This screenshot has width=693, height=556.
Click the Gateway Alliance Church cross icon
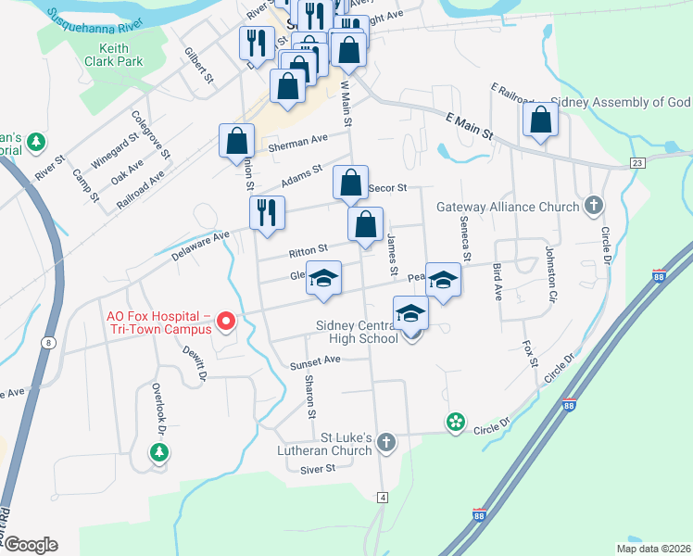point(594,207)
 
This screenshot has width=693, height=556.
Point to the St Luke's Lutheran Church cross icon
point(386,444)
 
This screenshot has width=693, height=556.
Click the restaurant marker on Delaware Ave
point(266,213)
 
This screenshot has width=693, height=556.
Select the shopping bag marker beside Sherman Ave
point(237,142)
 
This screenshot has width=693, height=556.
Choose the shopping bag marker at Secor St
point(350,183)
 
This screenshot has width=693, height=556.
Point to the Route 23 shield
point(636,162)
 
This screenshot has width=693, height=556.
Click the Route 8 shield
point(46,342)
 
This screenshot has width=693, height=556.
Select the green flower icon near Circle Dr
point(455,423)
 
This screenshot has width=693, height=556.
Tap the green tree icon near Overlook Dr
point(159,452)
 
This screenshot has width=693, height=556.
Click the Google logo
point(31,545)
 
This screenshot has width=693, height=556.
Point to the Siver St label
point(317,469)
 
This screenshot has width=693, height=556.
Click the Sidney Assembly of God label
point(620,102)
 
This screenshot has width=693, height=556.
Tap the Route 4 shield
point(382,498)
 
